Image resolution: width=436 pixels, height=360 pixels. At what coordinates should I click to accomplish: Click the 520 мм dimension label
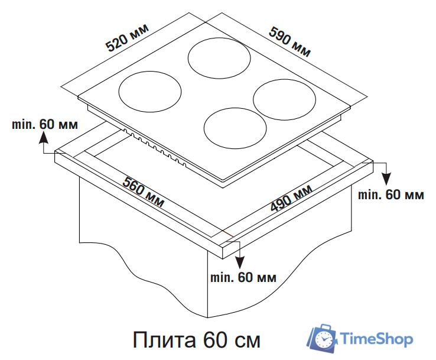click(x=126, y=37)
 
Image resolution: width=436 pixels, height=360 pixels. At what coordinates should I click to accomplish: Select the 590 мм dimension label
click(x=290, y=41)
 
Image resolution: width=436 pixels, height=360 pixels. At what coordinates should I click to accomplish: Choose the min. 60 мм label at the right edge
click(x=391, y=194)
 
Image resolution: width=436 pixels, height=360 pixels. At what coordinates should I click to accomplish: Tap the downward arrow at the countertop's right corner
click(x=386, y=176)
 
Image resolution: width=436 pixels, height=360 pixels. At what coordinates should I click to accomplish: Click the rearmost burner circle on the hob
click(x=218, y=57)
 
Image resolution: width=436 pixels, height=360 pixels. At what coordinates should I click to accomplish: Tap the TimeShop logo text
click(x=378, y=339)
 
